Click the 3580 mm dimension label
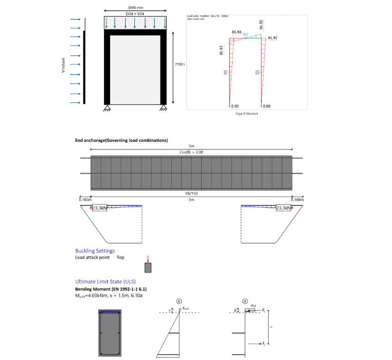pos(135,7)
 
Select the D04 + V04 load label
pos(135,14)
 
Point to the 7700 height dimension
pos(179,64)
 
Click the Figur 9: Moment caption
pos(247,113)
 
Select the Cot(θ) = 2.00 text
pos(191,152)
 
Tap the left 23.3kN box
pos(99,208)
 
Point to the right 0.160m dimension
pos(297,200)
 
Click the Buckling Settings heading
pos(95,251)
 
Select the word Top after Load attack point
pos(121,258)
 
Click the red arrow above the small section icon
pos(148,259)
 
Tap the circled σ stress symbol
pos(243,301)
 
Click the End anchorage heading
pos(121,140)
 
